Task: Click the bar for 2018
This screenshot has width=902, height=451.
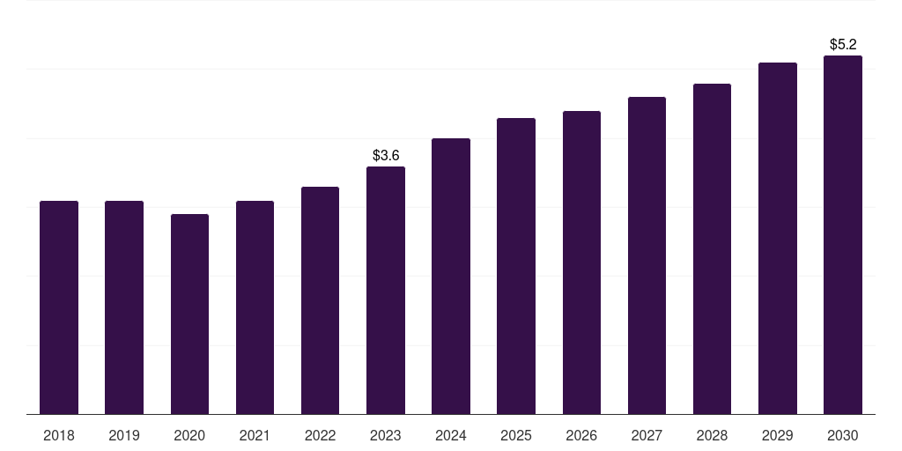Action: click(59, 307)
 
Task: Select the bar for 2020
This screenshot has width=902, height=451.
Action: click(189, 314)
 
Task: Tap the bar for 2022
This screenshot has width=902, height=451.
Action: click(320, 300)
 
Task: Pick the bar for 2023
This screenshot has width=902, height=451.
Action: click(386, 290)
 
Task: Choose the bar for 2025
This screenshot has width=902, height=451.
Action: click(516, 266)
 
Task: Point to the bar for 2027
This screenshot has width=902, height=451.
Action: click(647, 255)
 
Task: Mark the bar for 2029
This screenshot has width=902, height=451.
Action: click(778, 238)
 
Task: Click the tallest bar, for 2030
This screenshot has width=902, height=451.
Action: click(843, 234)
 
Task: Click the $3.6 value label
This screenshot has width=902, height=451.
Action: click(386, 156)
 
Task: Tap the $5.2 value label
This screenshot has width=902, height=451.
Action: click(843, 44)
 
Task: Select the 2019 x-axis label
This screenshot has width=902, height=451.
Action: click(124, 435)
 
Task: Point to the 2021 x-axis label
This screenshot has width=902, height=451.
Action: click(255, 435)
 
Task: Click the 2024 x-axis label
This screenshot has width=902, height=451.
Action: click(451, 435)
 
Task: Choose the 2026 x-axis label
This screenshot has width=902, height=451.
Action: click(581, 435)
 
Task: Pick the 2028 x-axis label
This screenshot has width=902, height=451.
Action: click(712, 435)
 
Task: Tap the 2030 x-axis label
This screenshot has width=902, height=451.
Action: click(843, 435)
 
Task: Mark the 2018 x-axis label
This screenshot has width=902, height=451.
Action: click(59, 435)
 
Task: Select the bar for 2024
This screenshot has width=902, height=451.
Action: click(451, 276)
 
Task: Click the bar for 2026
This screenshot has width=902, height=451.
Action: click(581, 262)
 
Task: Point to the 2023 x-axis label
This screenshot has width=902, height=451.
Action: click(386, 435)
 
